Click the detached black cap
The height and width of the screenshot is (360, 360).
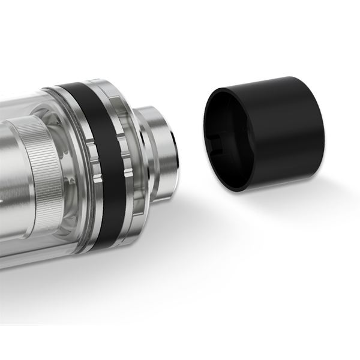pos(270,135)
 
